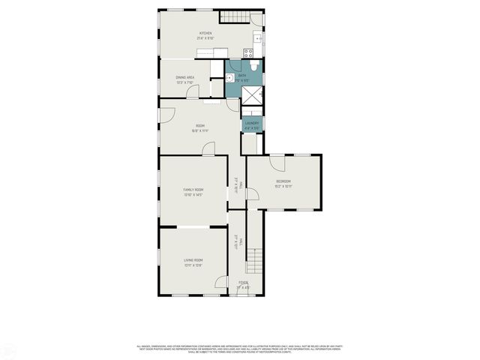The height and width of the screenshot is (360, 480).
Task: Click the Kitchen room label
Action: coord(205,33)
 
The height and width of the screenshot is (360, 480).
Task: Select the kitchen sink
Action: coord(258,37)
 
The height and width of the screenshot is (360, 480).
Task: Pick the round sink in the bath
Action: coord(230,76)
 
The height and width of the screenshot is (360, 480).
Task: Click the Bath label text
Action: coord(241,75)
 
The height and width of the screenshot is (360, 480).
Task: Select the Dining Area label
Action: coord(185,77)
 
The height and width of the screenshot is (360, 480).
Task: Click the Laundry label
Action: coord(252,123)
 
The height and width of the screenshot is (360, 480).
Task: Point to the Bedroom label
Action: coord(283,181)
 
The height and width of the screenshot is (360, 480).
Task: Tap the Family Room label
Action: coord(193,190)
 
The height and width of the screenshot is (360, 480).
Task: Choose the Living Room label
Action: coord(193,259)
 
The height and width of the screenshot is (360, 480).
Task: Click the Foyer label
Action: coord(243,282)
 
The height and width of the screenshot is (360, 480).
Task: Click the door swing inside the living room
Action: coord(221,282)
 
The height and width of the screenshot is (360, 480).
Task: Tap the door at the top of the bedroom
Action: coord(277,160)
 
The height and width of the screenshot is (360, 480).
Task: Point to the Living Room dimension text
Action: coord(193,265)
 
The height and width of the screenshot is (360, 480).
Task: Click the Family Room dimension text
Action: coord(193,195)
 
